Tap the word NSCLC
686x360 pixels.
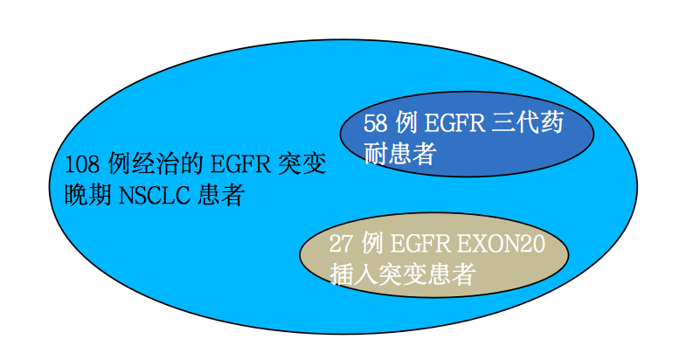155,195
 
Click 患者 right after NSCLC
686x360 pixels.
220,195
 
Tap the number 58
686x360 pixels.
376,123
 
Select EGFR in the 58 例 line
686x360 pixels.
454,123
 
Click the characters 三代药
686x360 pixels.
528,122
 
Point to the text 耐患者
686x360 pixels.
400,154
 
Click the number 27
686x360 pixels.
341,244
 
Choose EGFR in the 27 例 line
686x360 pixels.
419,244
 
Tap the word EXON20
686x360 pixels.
502,244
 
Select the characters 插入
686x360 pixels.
354,274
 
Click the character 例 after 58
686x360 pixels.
407,122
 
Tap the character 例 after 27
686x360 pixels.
372,243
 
